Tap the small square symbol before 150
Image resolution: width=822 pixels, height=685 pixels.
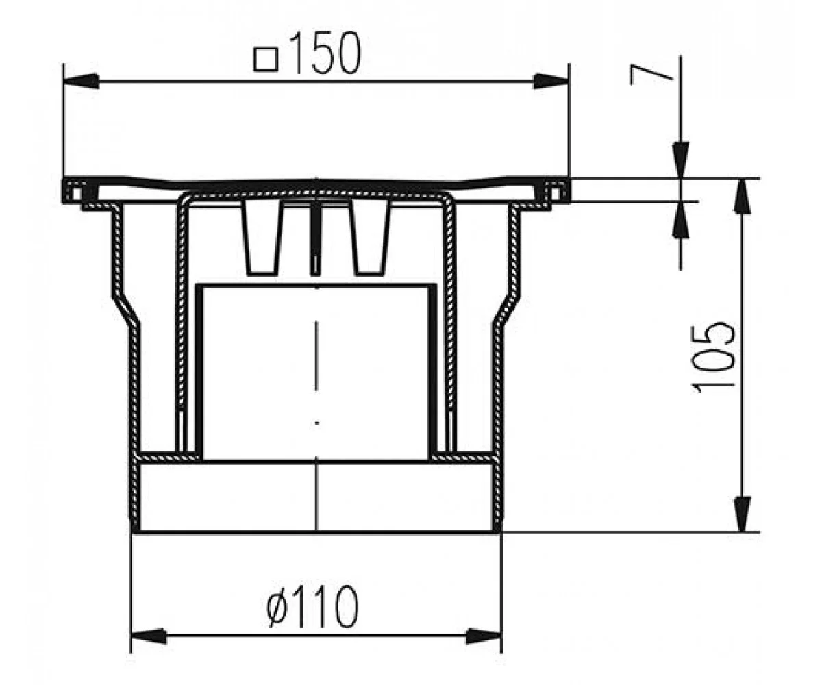click(266, 60)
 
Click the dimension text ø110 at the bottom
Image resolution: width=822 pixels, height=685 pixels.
click(312, 606)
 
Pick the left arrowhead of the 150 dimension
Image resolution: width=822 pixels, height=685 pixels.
click(81, 82)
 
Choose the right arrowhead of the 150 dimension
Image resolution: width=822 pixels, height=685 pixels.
click(551, 82)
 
